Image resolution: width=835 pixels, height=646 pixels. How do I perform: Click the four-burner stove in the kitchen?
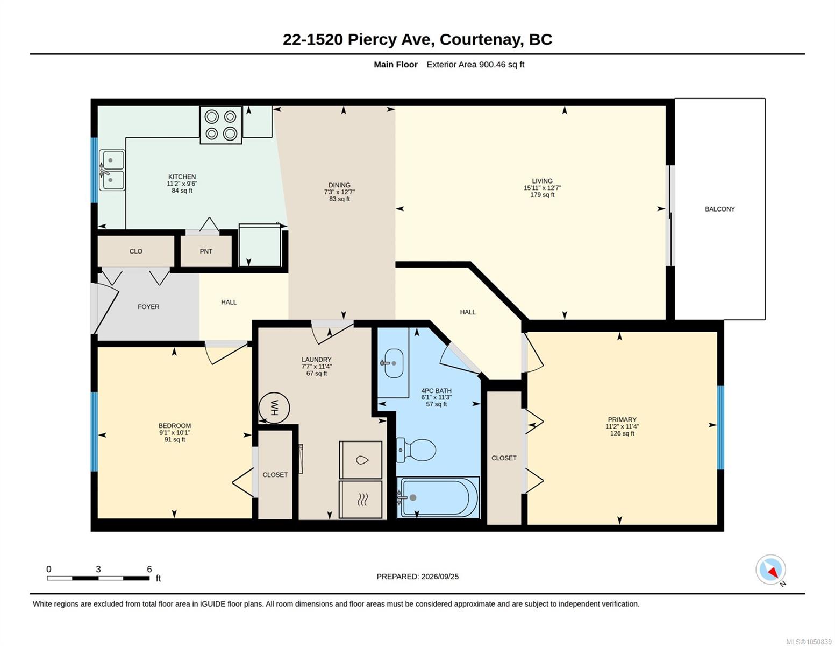220,125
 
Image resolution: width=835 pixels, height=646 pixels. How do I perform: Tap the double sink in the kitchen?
112,170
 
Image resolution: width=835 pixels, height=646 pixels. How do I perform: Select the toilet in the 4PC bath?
416,450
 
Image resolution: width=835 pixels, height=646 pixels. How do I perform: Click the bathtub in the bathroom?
438,497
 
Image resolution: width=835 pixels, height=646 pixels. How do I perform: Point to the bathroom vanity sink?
392,363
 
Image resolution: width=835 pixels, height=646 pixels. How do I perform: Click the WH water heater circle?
274,408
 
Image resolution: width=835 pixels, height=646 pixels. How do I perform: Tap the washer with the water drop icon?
360,459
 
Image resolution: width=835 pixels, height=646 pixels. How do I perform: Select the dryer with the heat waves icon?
360,500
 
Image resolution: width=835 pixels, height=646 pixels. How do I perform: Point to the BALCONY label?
720,209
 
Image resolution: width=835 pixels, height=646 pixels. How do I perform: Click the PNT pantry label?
206,251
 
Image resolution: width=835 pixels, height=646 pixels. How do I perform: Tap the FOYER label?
148,307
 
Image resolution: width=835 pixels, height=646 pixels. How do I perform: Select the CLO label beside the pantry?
136,251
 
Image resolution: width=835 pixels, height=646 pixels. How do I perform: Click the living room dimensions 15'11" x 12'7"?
542,188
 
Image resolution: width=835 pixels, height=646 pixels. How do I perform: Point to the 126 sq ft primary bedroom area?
622,433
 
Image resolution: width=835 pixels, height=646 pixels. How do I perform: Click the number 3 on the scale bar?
98,569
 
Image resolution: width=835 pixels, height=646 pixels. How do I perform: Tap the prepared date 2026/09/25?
440,577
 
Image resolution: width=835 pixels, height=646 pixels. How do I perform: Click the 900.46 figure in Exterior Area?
492,64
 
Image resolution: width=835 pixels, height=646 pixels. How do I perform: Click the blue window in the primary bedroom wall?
721,427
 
